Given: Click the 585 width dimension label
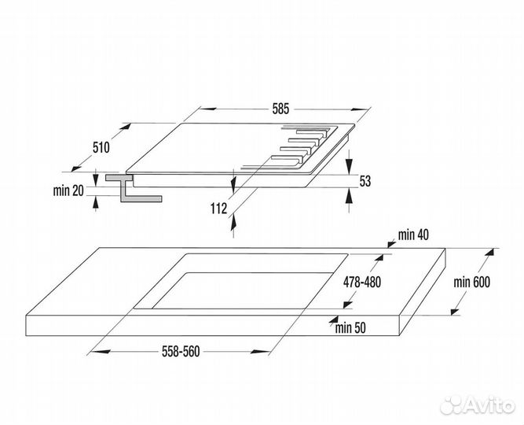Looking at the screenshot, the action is pos(280,109).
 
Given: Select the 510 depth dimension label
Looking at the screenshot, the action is pos(101,147).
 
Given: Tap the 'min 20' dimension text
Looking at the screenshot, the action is pos(68,191).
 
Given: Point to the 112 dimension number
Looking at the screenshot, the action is pos(218,209).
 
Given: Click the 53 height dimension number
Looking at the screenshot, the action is pos(365,181).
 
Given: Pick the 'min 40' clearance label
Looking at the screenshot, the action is pos(413,235).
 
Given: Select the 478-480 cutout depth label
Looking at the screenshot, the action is pos(362,283).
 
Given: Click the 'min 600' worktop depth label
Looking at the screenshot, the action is pos(472,283).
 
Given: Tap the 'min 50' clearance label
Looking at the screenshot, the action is pos(350,328).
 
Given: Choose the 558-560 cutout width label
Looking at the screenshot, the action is pos(181,351).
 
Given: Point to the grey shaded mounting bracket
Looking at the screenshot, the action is pos(133,188).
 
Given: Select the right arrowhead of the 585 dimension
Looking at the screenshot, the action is pos(360,109).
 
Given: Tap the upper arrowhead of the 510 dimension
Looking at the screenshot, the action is pos(126,128).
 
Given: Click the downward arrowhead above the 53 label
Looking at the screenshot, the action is pos(349,166).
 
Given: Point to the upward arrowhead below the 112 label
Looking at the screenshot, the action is pos(233,223).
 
